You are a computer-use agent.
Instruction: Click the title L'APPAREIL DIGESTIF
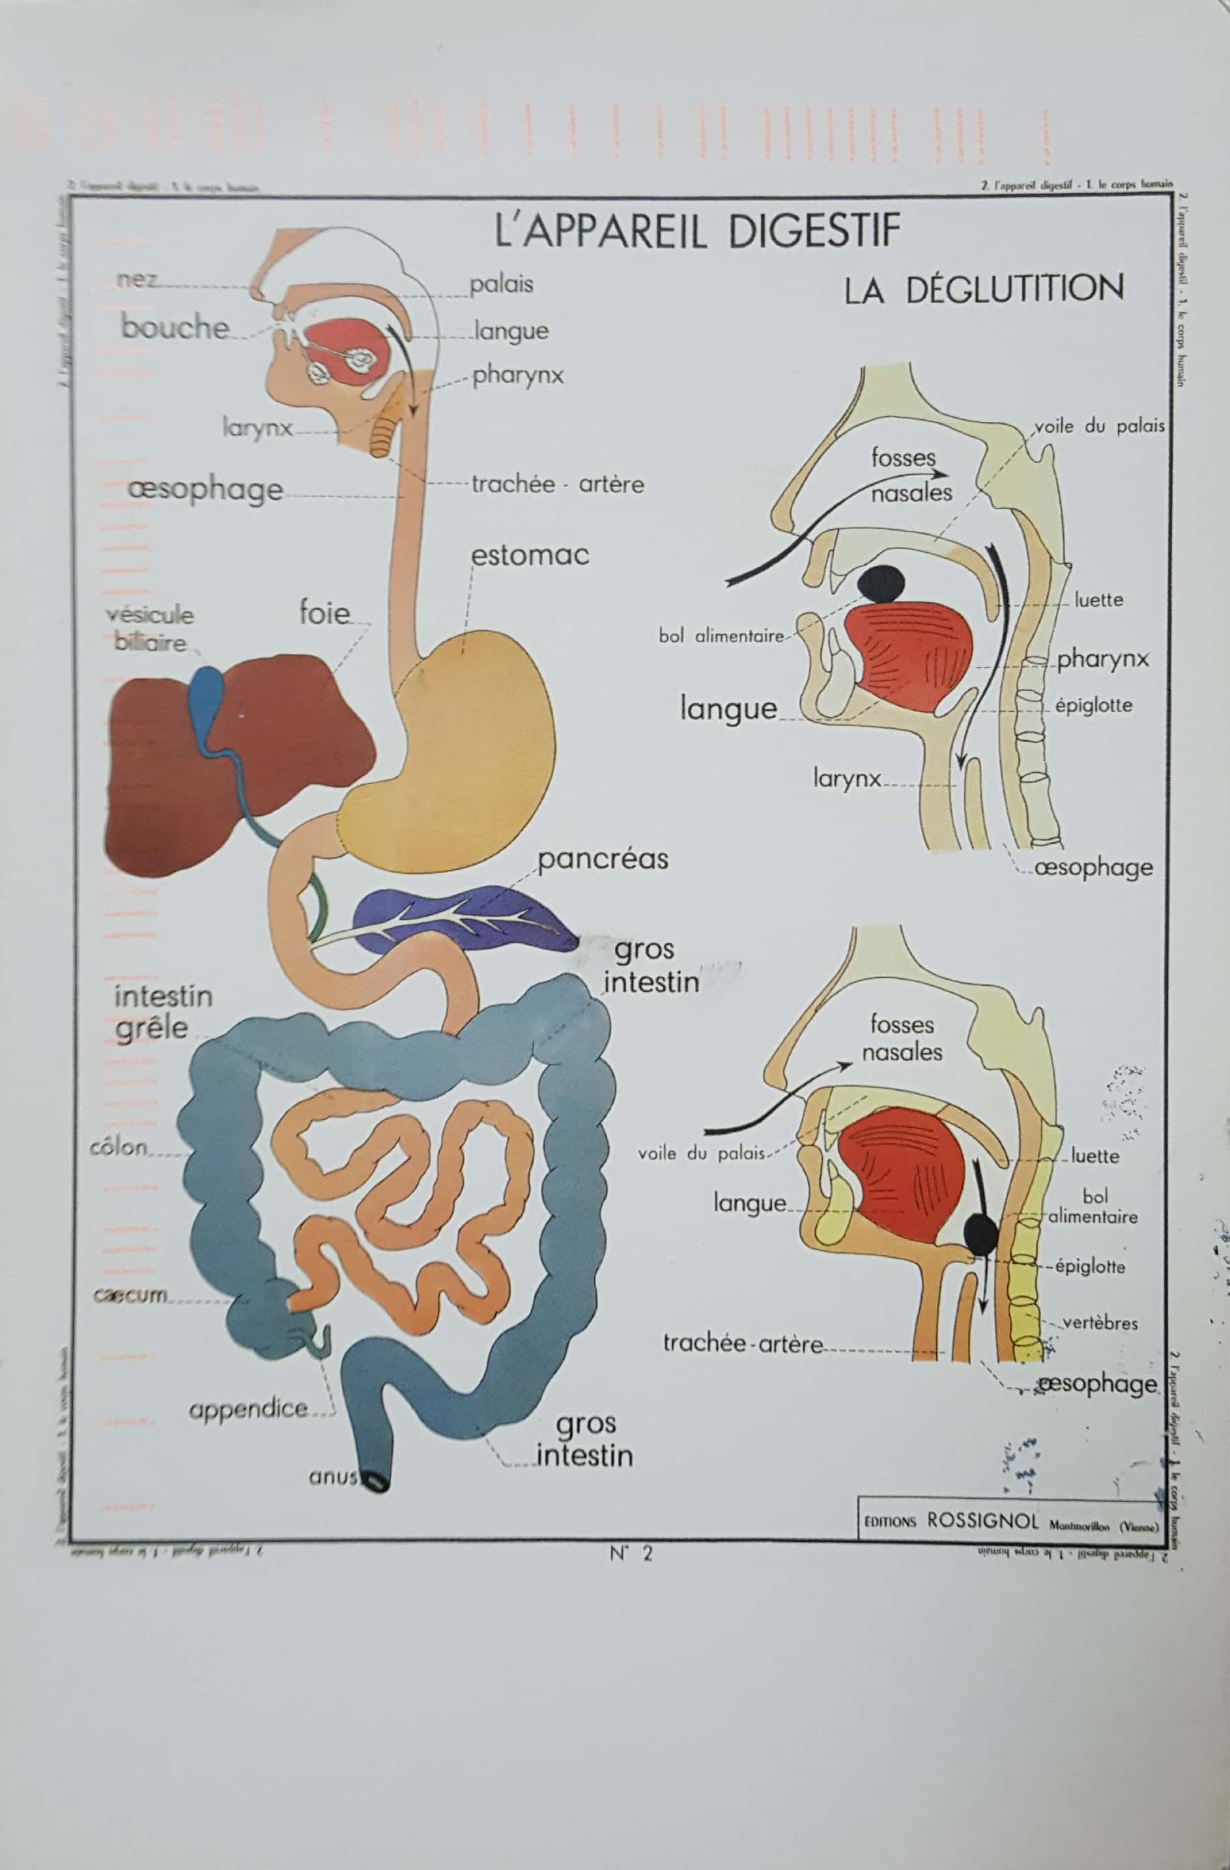(x=696, y=231)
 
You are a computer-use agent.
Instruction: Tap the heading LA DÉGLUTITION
(x=983, y=290)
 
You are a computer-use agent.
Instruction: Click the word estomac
(x=530, y=555)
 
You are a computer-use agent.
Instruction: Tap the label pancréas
(x=603, y=859)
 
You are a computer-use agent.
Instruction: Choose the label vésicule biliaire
(x=149, y=628)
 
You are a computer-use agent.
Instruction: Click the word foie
(x=324, y=612)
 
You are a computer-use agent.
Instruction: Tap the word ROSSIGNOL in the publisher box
(x=982, y=1520)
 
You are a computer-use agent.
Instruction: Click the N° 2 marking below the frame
(x=631, y=1554)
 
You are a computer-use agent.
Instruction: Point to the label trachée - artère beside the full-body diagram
(x=557, y=484)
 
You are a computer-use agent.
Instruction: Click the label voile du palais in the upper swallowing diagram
(x=1099, y=426)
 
